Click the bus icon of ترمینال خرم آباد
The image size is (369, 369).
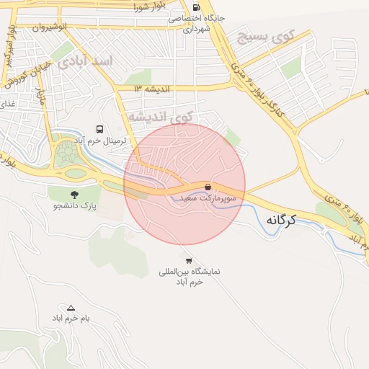tap(99, 129)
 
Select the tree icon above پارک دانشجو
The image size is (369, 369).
tap(74, 194)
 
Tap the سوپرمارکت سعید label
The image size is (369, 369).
tap(208, 197)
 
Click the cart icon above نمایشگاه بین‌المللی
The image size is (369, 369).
tap(189, 261)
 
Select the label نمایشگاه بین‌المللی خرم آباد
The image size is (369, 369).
tap(189, 277)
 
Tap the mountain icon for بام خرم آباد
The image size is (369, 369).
tap(70, 308)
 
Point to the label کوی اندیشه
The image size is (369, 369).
tap(161, 116)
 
